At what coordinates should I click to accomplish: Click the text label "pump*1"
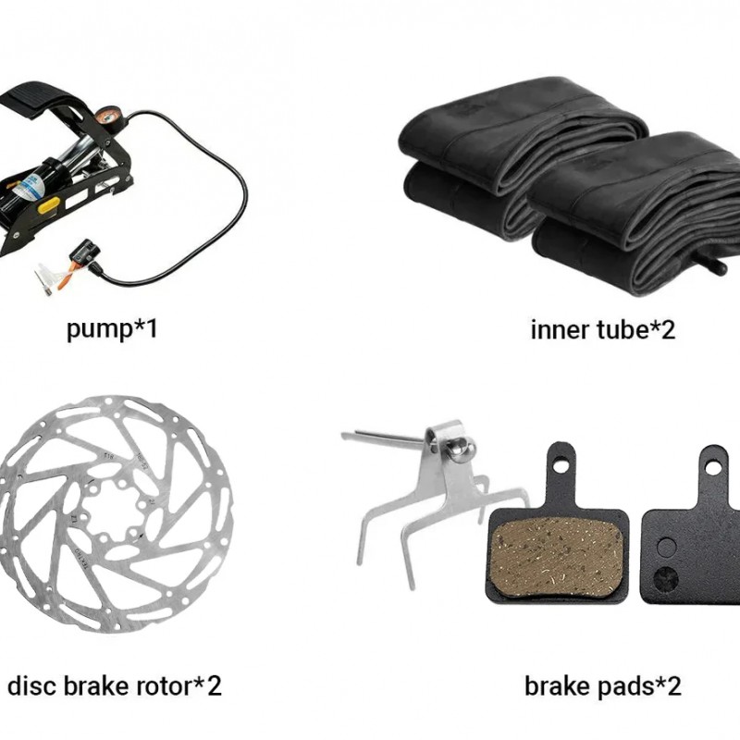[x=112, y=328]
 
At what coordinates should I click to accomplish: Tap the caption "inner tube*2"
[x=602, y=329]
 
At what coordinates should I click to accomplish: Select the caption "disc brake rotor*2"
[x=114, y=685]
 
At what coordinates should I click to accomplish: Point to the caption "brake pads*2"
[x=602, y=685]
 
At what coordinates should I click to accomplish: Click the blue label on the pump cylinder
[x=31, y=189]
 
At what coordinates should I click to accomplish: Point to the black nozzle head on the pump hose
[x=85, y=252]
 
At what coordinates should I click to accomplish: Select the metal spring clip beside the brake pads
[x=421, y=490]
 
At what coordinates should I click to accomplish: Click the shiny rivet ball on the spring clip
[x=458, y=450]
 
